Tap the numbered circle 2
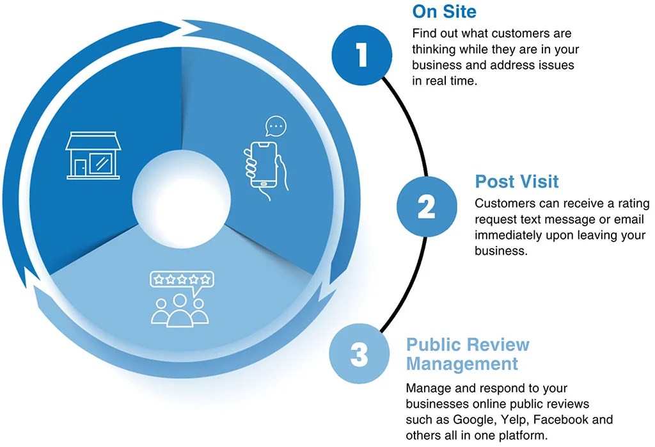[x=426, y=206]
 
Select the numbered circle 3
[x=359, y=354]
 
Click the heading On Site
[x=444, y=12]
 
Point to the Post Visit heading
[x=516, y=181]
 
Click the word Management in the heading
[x=462, y=364]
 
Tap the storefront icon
[x=93, y=156]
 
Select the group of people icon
[x=180, y=307]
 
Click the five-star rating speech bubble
[x=181, y=280]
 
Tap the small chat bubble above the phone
[x=276, y=126]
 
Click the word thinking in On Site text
[x=436, y=49]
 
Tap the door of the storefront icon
[x=80, y=167]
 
